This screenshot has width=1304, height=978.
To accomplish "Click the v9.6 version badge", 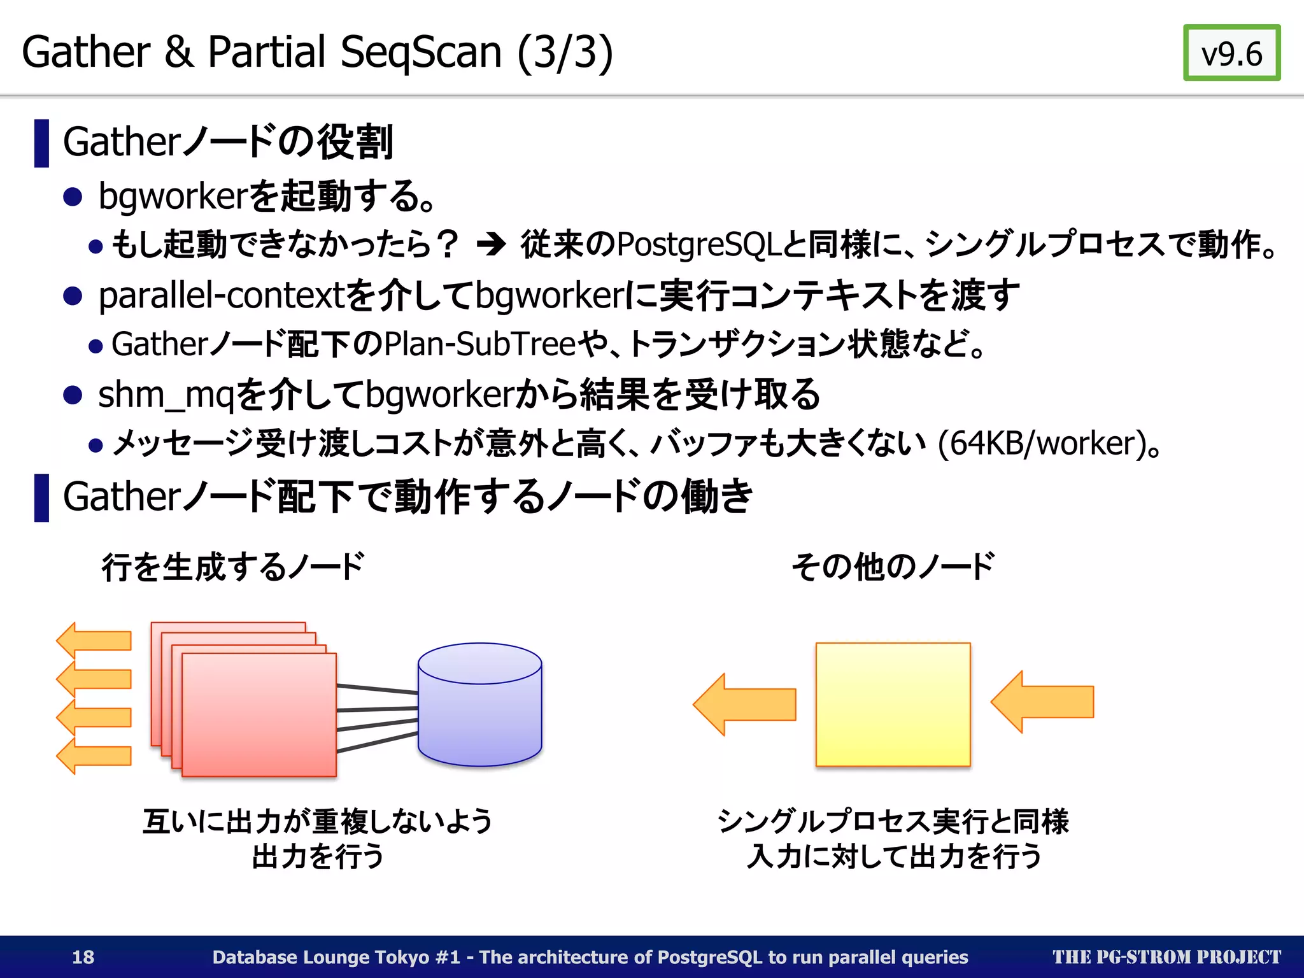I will click(1231, 53).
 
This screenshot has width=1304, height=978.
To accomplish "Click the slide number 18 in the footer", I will click(83, 957).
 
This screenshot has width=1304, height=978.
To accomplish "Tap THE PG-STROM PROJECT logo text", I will click(1166, 957).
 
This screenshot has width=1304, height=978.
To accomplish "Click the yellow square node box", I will click(893, 704).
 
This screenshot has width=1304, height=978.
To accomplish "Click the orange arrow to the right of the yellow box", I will click(1042, 702).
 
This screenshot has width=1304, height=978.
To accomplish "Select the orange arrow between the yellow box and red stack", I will click(744, 704).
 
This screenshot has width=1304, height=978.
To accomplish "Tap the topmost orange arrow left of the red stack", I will click(94, 640).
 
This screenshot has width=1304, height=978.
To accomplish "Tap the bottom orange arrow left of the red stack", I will click(94, 756).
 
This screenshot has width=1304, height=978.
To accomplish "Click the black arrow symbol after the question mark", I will click(491, 244).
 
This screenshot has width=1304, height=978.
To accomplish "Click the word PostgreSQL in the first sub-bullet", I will click(698, 244).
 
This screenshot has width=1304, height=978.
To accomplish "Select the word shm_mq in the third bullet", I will click(166, 395).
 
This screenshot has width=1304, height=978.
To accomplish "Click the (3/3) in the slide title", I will click(565, 52).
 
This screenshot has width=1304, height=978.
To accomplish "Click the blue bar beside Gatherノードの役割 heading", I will click(41, 143).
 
